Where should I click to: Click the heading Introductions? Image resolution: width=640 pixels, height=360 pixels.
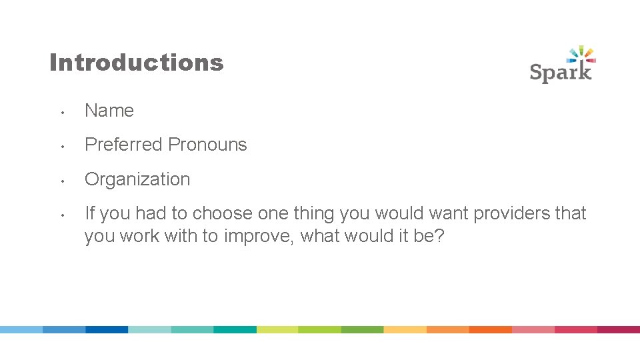(x=137, y=63)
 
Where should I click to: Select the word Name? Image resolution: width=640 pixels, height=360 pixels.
(x=109, y=111)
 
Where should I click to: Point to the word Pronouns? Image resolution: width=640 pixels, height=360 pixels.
(x=207, y=145)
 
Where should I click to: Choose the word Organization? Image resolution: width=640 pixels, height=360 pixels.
(x=137, y=179)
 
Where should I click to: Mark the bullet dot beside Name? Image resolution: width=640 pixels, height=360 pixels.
(x=61, y=112)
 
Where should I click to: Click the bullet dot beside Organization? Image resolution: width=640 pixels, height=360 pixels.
(x=61, y=181)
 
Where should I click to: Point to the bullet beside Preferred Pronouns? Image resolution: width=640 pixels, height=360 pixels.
(x=61, y=146)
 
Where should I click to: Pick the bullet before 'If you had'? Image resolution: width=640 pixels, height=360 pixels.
(x=61, y=215)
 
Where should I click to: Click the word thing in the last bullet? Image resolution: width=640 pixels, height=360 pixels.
(x=313, y=213)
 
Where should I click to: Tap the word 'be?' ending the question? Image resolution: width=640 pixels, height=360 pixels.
(x=429, y=237)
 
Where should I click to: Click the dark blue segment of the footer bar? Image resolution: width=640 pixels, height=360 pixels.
(x=107, y=329)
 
